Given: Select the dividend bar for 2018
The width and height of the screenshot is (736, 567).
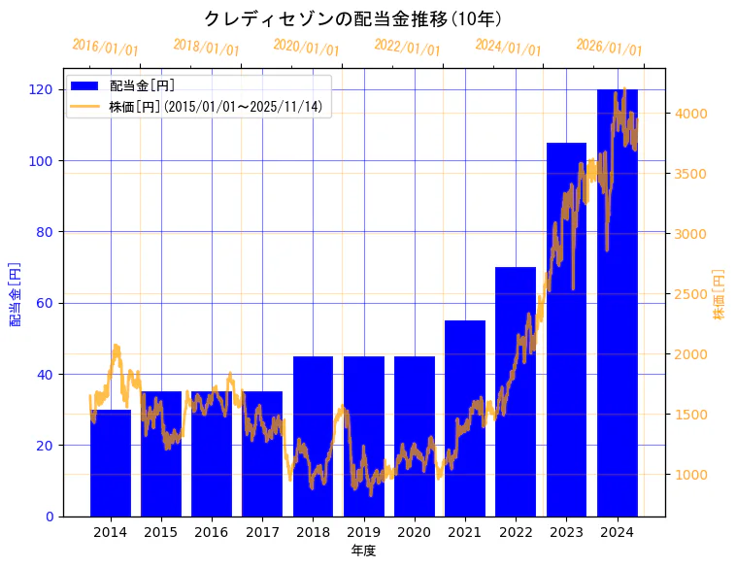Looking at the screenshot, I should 313,436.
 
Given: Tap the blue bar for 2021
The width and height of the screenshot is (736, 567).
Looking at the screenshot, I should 465,418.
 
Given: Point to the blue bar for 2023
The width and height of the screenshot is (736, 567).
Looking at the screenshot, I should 566,329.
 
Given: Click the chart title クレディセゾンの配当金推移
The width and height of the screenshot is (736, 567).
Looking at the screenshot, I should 352,18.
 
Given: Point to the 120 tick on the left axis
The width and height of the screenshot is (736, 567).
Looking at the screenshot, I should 42,89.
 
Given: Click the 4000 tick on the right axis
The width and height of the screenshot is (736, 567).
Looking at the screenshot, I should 691,114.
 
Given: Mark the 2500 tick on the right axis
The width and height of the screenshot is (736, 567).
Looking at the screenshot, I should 691,294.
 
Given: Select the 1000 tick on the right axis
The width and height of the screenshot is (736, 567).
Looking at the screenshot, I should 691,475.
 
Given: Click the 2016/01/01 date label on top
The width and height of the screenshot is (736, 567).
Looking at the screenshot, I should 106,48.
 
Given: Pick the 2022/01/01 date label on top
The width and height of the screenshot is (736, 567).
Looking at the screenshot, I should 408,48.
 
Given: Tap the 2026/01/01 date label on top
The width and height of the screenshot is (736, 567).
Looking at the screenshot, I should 609,48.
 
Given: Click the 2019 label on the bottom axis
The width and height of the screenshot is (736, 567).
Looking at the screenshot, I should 363,531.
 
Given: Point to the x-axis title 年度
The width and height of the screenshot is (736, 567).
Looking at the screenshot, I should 363,550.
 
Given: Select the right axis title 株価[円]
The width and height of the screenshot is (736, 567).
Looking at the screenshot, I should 719,294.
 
